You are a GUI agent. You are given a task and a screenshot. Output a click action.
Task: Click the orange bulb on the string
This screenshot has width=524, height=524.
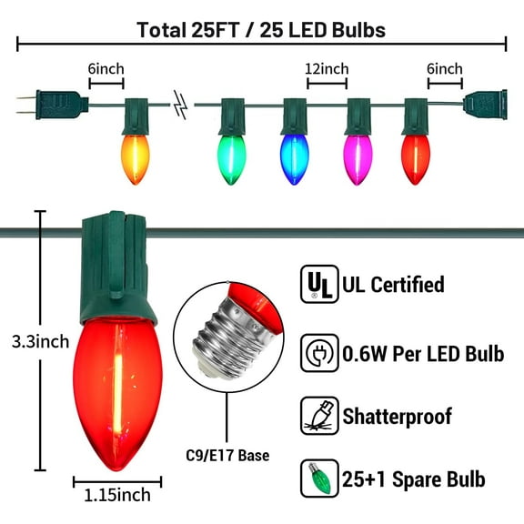[x=135, y=158]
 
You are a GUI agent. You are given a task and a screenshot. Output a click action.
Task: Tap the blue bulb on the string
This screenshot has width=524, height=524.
[x=293, y=158]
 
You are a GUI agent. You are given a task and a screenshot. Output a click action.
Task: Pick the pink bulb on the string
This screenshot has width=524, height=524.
[x=357, y=158]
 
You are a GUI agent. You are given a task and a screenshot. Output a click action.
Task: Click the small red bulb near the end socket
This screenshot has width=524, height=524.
[x=414, y=158]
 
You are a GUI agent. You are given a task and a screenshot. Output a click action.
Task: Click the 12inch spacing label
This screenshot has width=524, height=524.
[x=327, y=69]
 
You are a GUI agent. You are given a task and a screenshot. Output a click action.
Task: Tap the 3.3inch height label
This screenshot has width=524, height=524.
[x=34, y=343]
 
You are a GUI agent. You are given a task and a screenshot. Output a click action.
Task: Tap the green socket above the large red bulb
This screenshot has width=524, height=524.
[x=116, y=264]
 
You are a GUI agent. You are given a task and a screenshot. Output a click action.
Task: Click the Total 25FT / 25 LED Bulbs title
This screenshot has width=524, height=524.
[x=261, y=29]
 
